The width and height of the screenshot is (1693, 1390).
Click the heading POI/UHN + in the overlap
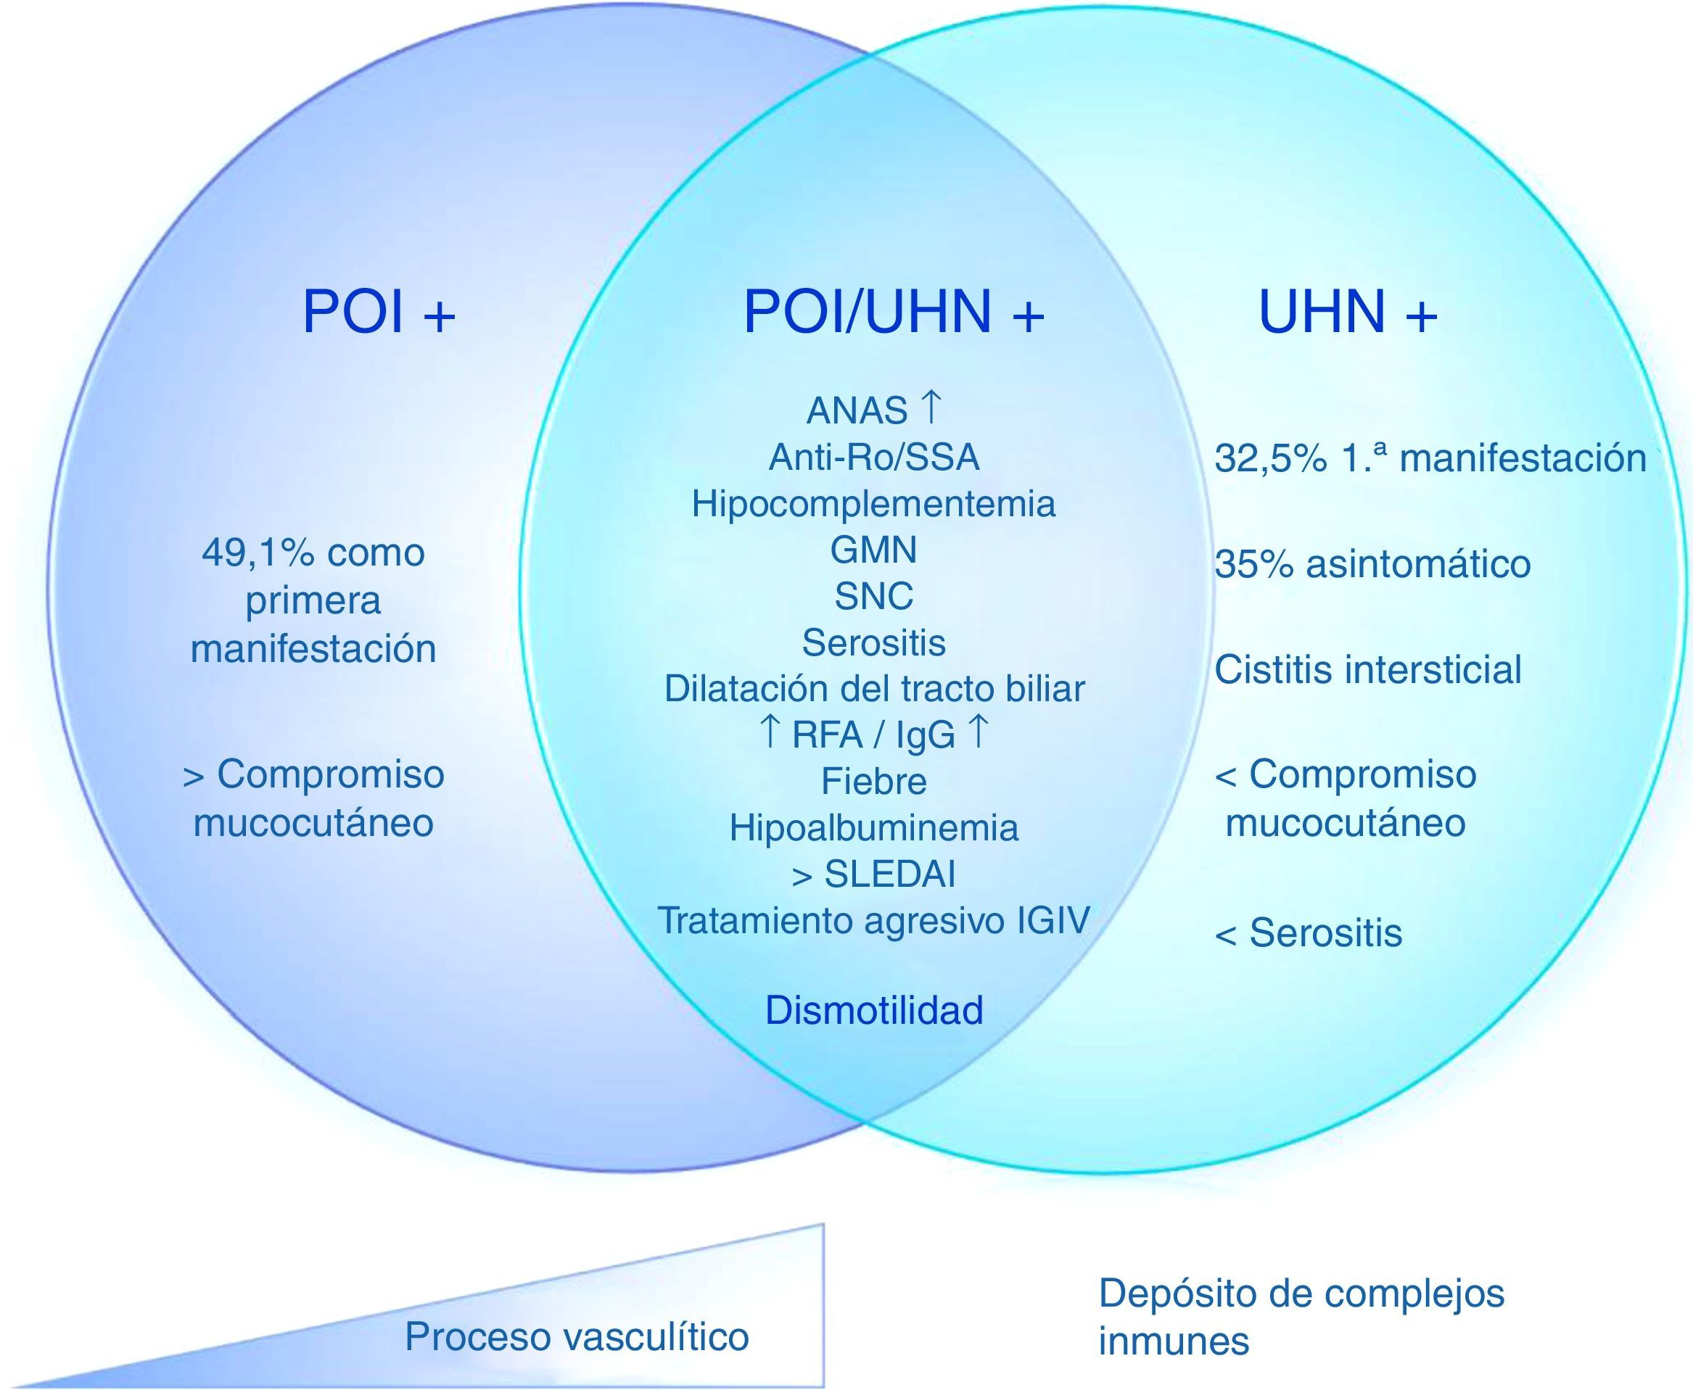(894, 313)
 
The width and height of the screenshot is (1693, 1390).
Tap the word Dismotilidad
(874, 1011)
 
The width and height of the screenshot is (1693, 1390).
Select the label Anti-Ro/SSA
(874, 458)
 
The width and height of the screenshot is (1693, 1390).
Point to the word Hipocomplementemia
(874, 505)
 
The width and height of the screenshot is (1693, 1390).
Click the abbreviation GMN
(874, 550)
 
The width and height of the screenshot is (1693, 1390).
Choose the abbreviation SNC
(874, 597)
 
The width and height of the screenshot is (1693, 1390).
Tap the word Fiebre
(874, 782)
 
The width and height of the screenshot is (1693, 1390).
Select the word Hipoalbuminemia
(874, 828)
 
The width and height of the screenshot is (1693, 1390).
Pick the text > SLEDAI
(874, 874)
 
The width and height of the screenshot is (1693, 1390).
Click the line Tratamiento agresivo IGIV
(874, 921)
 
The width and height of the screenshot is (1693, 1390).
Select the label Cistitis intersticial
(1368, 669)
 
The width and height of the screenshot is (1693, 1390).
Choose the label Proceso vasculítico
(577, 1336)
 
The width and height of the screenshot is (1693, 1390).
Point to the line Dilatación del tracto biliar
(874, 689)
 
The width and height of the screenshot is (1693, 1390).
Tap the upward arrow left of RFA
(769, 732)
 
